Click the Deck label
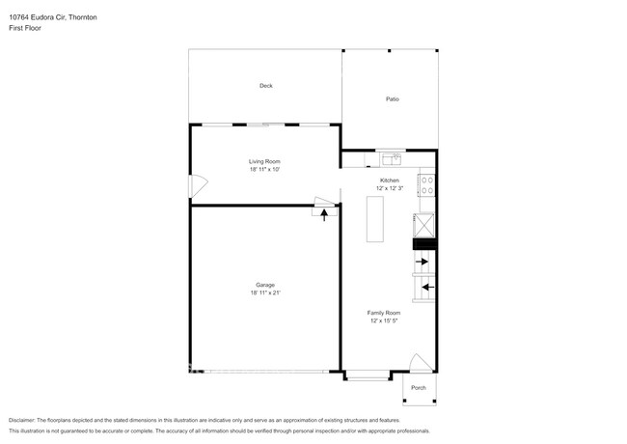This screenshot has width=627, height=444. [x=266, y=86]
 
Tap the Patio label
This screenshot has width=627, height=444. [x=393, y=98]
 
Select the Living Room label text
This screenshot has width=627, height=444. [x=264, y=161]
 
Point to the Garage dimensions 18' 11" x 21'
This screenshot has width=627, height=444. [x=265, y=292]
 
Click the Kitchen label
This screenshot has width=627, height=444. [x=390, y=180]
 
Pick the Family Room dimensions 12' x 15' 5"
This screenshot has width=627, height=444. [x=384, y=320]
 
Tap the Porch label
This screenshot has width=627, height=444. [x=419, y=388]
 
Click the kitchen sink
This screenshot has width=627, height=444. [x=392, y=159]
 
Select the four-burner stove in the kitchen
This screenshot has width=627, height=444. [x=426, y=185]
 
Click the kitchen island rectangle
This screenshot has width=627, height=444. [x=375, y=219]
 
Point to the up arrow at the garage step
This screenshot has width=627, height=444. [x=324, y=215]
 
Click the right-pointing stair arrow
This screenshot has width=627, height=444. [x=422, y=262]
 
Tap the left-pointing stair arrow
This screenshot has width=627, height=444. [x=428, y=288]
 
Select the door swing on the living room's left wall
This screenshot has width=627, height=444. [x=199, y=186]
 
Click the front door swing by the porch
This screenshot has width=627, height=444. [x=422, y=363]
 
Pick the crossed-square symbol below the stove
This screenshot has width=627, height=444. [x=423, y=226]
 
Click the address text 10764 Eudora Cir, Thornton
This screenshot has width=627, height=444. [x=53, y=17]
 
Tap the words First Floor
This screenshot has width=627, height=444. [x=25, y=28]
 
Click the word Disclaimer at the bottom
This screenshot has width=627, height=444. [x=22, y=421]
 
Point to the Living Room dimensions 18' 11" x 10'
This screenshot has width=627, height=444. [x=264, y=169]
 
